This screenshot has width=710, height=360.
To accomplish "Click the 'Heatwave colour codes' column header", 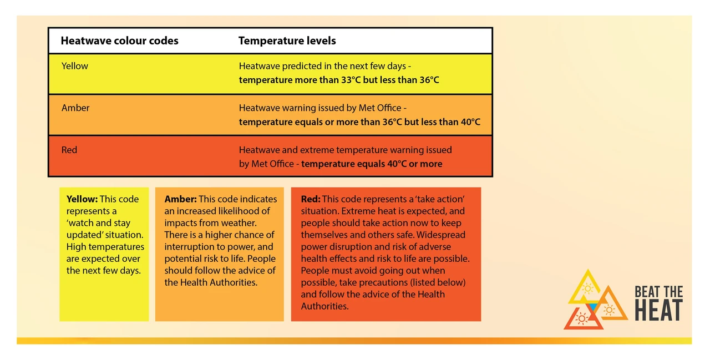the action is coord(119,41).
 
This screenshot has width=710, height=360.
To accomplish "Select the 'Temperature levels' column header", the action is coord(287,41).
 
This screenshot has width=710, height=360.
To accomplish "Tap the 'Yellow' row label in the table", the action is coord(74,66).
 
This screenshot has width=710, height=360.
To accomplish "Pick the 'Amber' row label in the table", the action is coord(75,108).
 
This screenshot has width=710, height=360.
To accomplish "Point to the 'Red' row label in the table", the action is coord(69,150).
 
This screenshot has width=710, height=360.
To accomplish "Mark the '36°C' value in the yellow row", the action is coord(429,80).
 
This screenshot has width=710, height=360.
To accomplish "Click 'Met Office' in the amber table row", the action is coord(380,108).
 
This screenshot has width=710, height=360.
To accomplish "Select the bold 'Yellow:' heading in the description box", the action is coord(82,199).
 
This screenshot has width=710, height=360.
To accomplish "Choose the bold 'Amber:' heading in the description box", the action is coord(180,199).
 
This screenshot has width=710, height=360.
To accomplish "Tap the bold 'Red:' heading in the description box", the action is coord(311,199).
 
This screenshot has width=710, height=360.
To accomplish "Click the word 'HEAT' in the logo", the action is coord(659,311).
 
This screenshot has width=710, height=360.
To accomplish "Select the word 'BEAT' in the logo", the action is coord(647,292).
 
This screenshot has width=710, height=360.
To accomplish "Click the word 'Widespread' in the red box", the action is coord(441,235).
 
